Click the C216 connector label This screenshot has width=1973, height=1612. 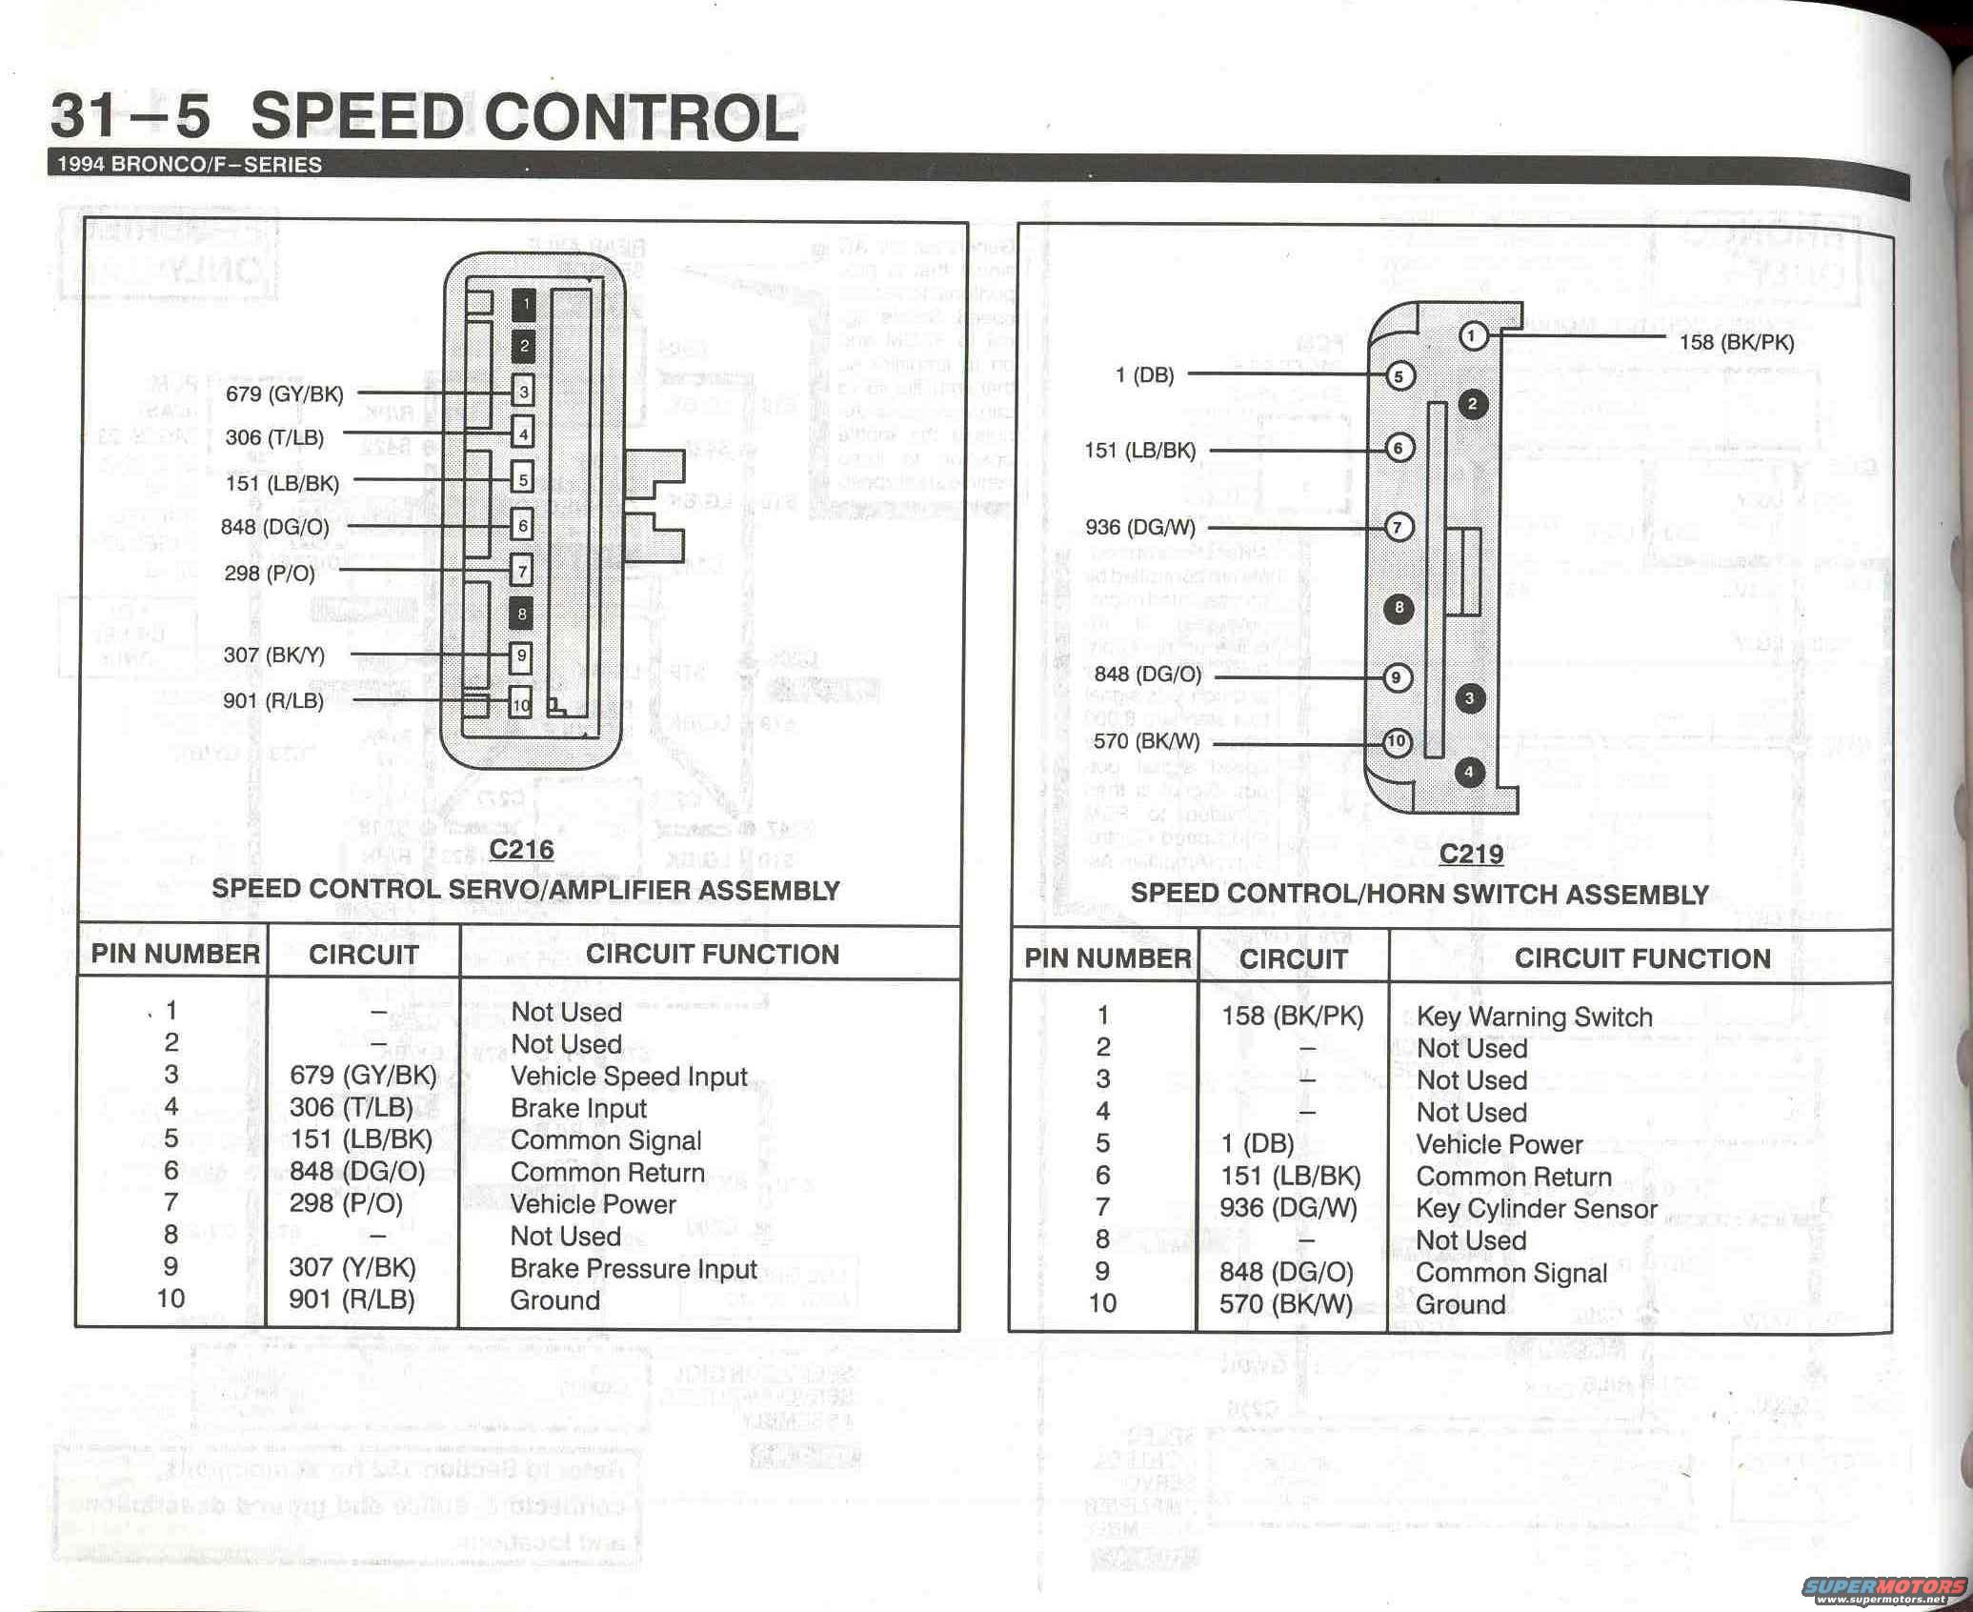(521, 849)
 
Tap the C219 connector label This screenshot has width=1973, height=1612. (1471, 853)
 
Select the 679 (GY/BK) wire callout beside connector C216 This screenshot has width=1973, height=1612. (284, 393)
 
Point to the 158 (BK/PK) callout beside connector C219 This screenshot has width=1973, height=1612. (1737, 342)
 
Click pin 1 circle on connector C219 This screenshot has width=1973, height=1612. (1472, 335)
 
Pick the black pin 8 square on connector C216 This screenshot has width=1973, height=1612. (521, 615)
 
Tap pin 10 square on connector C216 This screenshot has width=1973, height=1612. (520, 705)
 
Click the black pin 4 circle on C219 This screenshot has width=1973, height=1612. (1469, 772)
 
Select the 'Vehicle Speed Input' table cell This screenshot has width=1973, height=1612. (629, 1077)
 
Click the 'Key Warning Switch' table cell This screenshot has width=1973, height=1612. (1534, 1017)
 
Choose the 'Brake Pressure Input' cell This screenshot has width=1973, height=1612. (634, 1269)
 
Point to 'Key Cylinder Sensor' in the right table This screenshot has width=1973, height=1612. (1536, 1209)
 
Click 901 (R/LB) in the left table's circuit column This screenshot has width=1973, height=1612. (352, 1300)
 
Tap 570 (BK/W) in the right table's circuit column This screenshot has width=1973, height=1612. (1286, 1303)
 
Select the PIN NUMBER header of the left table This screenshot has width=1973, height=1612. (175, 955)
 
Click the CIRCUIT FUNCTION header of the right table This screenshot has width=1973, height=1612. (1642, 958)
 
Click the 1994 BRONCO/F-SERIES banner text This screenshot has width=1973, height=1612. (190, 164)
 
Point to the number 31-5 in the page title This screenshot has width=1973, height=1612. (130, 116)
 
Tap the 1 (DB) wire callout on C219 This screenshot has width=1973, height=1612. (1144, 375)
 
